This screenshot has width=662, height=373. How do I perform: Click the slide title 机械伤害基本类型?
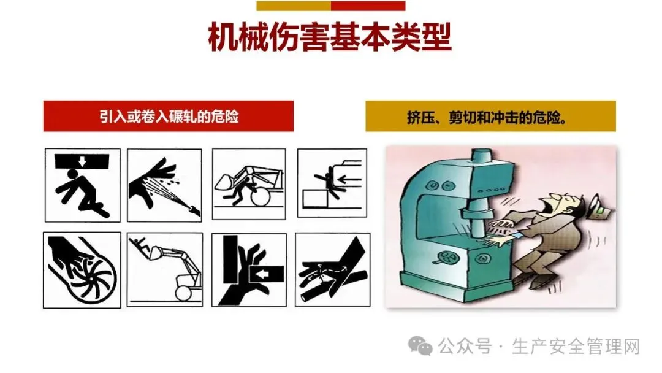(330, 37)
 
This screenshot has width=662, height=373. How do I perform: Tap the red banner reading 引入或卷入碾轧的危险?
(169, 116)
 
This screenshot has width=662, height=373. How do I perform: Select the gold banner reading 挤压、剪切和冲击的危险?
(490, 116)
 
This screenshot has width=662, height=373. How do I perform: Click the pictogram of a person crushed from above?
(83, 185)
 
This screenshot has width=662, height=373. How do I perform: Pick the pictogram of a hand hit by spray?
(165, 185)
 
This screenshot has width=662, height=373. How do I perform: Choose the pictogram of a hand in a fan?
(82, 270)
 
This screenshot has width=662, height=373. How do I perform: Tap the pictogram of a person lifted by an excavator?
(165, 269)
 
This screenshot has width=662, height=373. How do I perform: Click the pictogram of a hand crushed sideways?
(249, 269)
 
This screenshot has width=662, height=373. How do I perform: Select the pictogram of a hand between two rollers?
(333, 269)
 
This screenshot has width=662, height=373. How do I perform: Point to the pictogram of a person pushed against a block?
(332, 183)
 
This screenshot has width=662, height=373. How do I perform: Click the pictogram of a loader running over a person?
(249, 184)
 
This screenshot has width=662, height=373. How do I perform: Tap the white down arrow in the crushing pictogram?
(82, 161)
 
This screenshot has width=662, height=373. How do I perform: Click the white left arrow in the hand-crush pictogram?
(262, 275)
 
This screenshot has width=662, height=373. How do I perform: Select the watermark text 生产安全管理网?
(576, 347)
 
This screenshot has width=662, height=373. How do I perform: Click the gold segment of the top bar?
(294, 6)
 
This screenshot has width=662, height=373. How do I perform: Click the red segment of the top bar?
(368, 6)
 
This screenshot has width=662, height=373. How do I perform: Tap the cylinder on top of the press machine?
(481, 157)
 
